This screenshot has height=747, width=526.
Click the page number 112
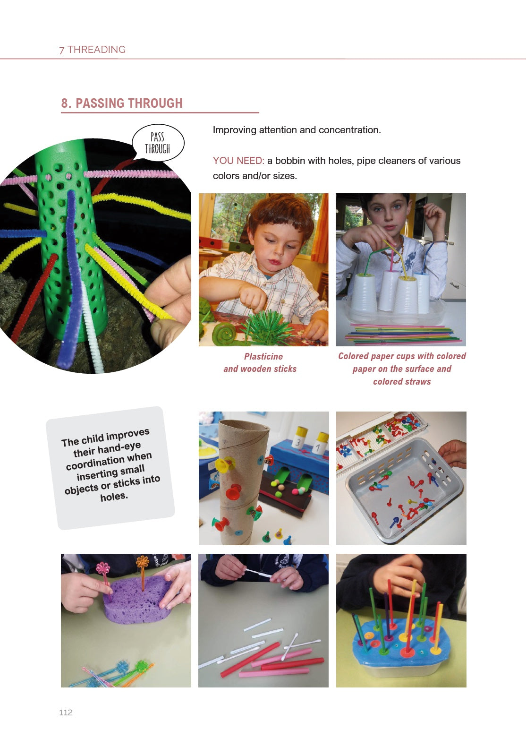66,713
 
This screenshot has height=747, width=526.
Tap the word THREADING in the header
96,50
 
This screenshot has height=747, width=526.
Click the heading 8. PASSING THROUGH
122,103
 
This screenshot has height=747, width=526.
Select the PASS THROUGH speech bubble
158,143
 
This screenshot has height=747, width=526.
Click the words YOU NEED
238,161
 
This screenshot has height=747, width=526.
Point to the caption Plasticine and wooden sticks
260,362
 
